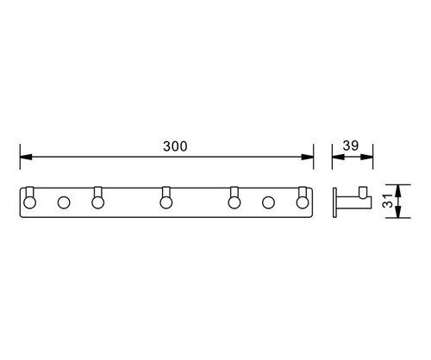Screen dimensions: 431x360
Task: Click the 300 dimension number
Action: [x=175, y=146]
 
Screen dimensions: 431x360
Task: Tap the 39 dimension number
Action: [x=351, y=146]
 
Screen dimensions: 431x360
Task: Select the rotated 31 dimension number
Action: [x=388, y=201]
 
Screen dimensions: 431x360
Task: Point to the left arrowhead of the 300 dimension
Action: [x=26, y=157]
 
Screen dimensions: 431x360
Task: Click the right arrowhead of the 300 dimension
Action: [x=307, y=157]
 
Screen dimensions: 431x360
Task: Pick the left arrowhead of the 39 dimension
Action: [x=338, y=157]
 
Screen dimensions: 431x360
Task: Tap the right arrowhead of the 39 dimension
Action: [x=366, y=157]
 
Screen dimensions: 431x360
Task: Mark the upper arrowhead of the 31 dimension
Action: [x=398, y=190]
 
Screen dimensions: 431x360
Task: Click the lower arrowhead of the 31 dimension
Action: [x=398, y=212]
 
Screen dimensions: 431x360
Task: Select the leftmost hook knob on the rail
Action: [x=29, y=202]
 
